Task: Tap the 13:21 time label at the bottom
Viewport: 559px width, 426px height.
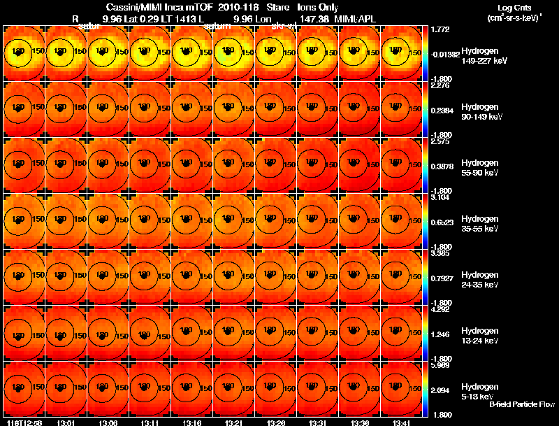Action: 233,423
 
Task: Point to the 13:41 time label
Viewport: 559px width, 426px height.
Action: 401,423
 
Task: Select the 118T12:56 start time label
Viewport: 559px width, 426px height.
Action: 23,423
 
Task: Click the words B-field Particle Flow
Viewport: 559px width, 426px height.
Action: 521,404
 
